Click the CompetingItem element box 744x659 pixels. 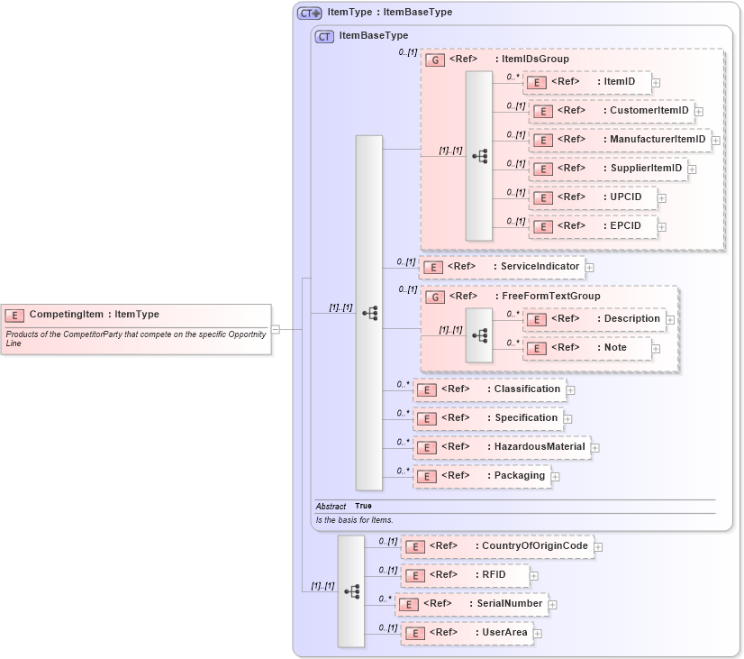click(x=135, y=315)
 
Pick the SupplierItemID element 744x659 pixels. click(x=607, y=169)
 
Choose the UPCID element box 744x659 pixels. click(x=593, y=197)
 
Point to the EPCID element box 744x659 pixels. click(x=593, y=226)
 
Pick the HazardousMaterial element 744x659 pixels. click(x=501, y=447)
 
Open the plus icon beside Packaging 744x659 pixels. click(x=556, y=477)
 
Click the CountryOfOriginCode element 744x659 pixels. click(x=496, y=546)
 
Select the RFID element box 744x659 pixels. click(x=464, y=575)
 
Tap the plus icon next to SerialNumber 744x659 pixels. click(x=553, y=605)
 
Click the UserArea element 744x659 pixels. click(x=466, y=633)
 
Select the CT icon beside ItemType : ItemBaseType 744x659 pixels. click(x=310, y=13)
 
